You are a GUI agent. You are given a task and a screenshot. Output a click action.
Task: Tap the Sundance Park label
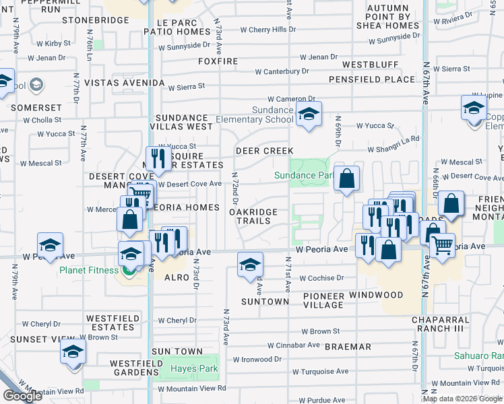303,176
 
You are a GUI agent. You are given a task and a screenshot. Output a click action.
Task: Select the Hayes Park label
193,368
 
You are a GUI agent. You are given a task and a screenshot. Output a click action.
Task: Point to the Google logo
22,396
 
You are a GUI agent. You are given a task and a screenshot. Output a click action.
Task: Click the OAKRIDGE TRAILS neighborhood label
253,216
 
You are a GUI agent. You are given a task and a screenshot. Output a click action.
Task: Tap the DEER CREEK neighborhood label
264,151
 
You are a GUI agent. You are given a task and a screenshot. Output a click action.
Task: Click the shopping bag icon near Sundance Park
346,180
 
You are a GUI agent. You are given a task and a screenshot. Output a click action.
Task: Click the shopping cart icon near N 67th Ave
442,246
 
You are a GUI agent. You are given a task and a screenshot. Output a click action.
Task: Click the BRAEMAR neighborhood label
348,347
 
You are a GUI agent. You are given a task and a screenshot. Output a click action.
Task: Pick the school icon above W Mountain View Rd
73,352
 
